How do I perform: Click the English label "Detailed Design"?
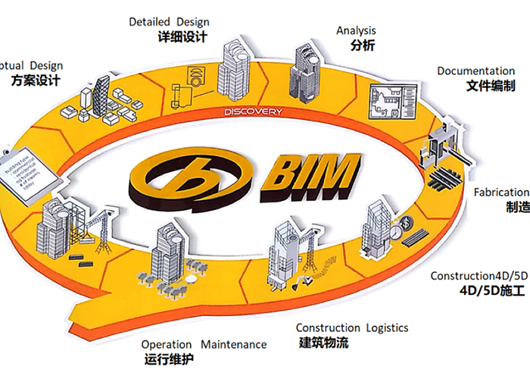tap(169, 22)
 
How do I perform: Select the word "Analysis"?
tap(356, 30)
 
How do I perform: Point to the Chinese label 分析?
tap(363, 45)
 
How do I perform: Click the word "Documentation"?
tap(475, 71)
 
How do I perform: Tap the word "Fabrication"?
tap(501, 193)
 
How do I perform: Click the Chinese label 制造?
tap(517, 207)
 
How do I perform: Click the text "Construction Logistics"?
tap(352, 327)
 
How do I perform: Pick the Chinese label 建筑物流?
tap(323, 343)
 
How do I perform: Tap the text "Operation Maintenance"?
tap(204, 344)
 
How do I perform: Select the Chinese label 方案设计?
tap(36, 80)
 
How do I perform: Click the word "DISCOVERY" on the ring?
tap(253, 112)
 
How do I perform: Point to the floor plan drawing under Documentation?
tap(393, 102)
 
